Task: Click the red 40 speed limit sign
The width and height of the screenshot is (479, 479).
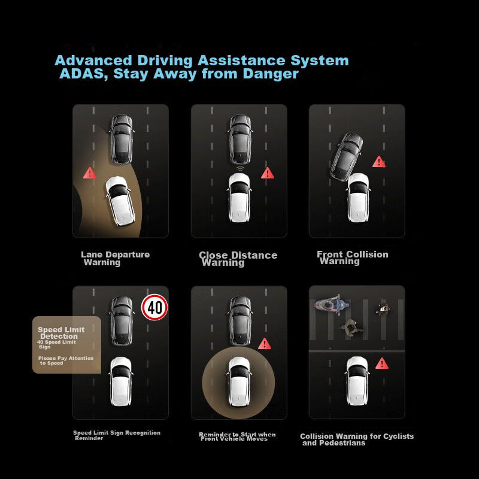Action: pyautogui.click(x=154, y=307)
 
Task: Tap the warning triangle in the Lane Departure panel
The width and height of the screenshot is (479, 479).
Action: pyautogui.click(x=89, y=173)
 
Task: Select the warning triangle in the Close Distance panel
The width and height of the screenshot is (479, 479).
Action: pyautogui.click(x=268, y=173)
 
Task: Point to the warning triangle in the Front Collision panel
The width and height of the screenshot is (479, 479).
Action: pyautogui.click(x=379, y=162)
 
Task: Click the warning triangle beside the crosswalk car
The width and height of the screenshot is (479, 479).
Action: pyautogui.click(x=382, y=363)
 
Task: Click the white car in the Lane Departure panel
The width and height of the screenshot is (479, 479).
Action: pyautogui.click(x=120, y=201)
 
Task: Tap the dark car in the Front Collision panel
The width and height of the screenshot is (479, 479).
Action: pyautogui.click(x=347, y=157)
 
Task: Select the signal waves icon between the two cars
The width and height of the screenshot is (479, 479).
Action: pyautogui.click(x=240, y=169)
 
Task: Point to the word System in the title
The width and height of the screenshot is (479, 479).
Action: pyautogui.click(x=319, y=61)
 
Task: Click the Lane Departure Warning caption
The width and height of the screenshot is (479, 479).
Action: pyautogui.click(x=116, y=259)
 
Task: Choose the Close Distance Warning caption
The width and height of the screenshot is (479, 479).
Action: pyautogui.click(x=238, y=259)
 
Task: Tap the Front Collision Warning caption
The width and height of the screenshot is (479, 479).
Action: pyautogui.click(x=353, y=257)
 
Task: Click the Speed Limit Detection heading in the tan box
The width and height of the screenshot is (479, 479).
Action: pyautogui.click(x=61, y=333)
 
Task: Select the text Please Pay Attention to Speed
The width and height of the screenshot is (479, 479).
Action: pyautogui.click(x=66, y=360)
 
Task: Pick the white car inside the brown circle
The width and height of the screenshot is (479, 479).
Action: pyautogui.click(x=239, y=381)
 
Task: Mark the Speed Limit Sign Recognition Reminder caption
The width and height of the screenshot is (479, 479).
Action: pyautogui.click(x=117, y=435)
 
